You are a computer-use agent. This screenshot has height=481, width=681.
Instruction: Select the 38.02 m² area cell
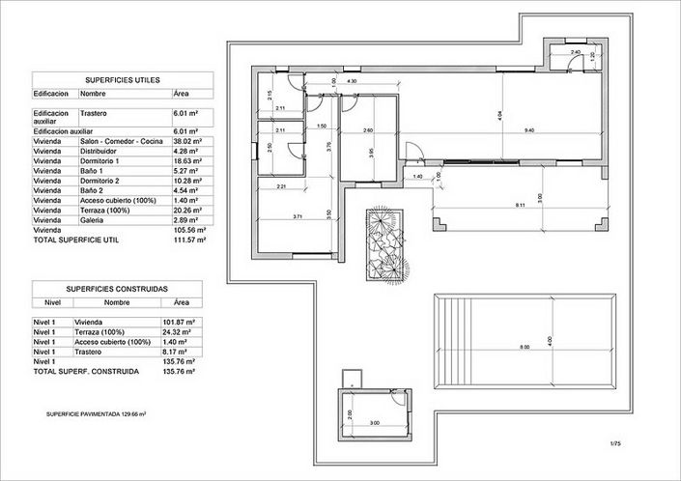click(x=187, y=141)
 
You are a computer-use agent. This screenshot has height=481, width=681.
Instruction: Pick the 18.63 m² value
click(x=187, y=160)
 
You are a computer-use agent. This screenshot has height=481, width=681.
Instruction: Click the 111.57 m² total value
click(x=186, y=240)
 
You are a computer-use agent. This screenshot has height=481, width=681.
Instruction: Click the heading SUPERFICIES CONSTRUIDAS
click(x=117, y=288)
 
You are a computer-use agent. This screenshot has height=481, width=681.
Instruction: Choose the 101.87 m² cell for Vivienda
click(x=180, y=321)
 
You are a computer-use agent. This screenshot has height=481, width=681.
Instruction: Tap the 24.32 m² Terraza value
click(x=179, y=331)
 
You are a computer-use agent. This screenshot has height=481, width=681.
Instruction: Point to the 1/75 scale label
click(x=614, y=443)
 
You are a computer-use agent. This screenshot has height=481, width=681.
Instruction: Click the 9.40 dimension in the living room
click(x=528, y=129)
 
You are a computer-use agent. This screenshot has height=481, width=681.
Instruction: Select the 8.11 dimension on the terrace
click(x=520, y=205)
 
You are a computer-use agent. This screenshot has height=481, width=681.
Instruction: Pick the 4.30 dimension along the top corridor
click(x=353, y=81)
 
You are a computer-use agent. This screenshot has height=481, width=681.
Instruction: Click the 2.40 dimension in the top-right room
click(x=575, y=51)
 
